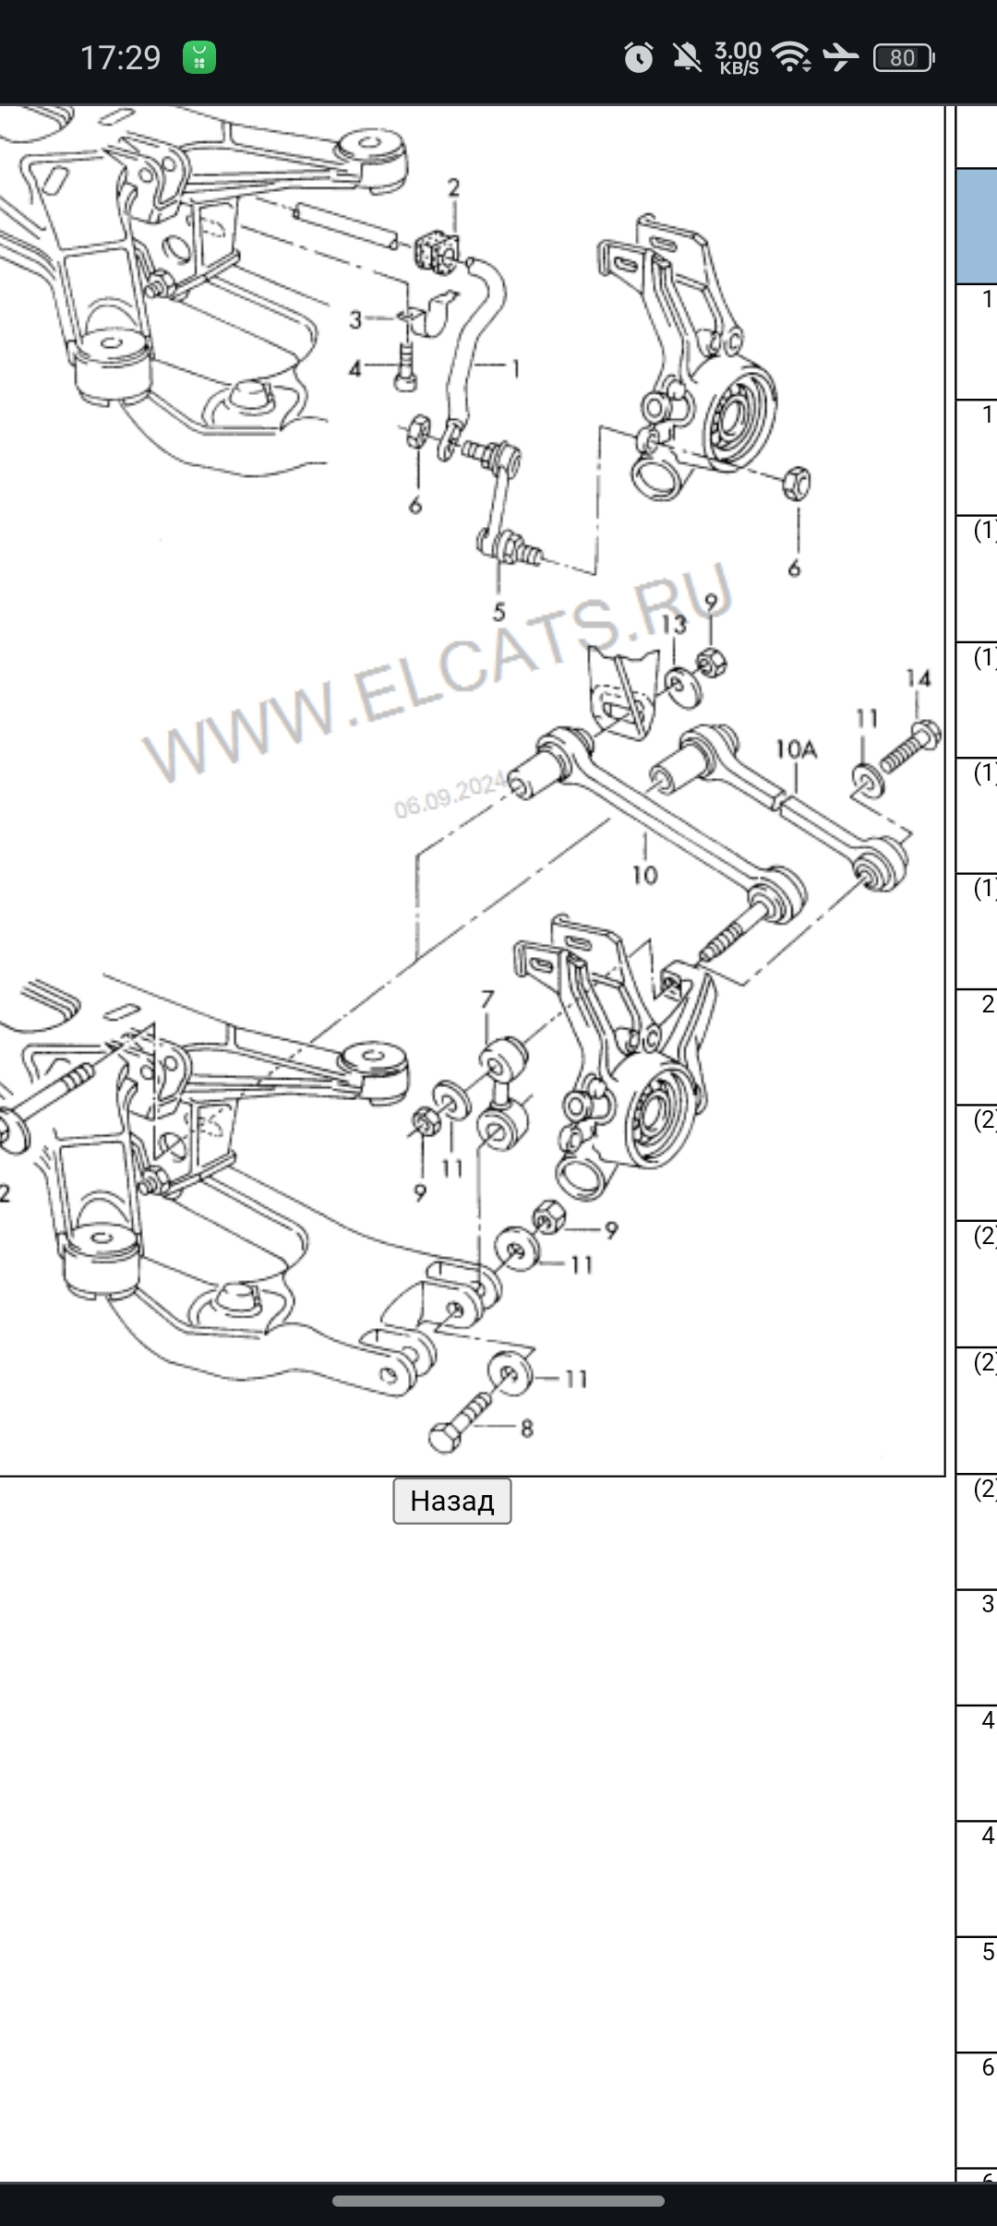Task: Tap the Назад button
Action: click(x=451, y=1501)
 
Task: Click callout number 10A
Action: click(x=796, y=748)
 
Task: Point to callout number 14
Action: click(x=918, y=678)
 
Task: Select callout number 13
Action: click(x=674, y=625)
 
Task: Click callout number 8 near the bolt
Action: click(x=526, y=1429)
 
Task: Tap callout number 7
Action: click(x=487, y=999)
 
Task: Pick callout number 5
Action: click(x=498, y=611)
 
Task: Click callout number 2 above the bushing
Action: click(x=453, y=187)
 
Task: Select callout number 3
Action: click(x=355, y=319)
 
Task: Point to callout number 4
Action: click(x=355, y=369)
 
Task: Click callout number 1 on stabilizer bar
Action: click(x=515, y=369)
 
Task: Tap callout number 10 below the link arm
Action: click(x=644, y=874)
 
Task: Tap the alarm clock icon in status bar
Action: click(x=638, y=58)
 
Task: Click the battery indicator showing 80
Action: click(x=903, y=58)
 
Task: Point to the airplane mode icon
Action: click(x=840, y=58)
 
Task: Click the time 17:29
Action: click(x=120, y=58)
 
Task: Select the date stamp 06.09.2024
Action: click(x=450, y=795)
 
